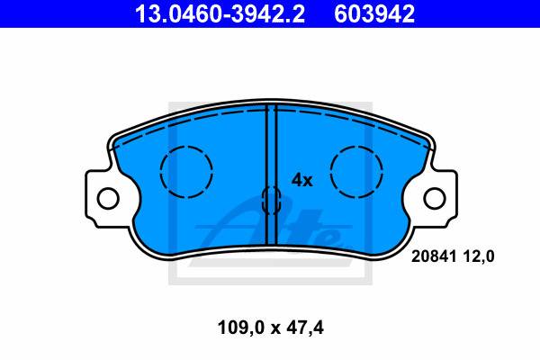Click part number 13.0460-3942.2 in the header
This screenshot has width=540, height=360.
point(220,13)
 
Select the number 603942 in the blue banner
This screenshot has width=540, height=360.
point(374,13)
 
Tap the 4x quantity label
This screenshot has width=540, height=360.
point(302,180)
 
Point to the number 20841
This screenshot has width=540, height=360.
point(434,256)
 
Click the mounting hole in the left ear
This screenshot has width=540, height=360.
point(108,199)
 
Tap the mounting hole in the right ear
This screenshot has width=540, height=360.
point(435,199)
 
